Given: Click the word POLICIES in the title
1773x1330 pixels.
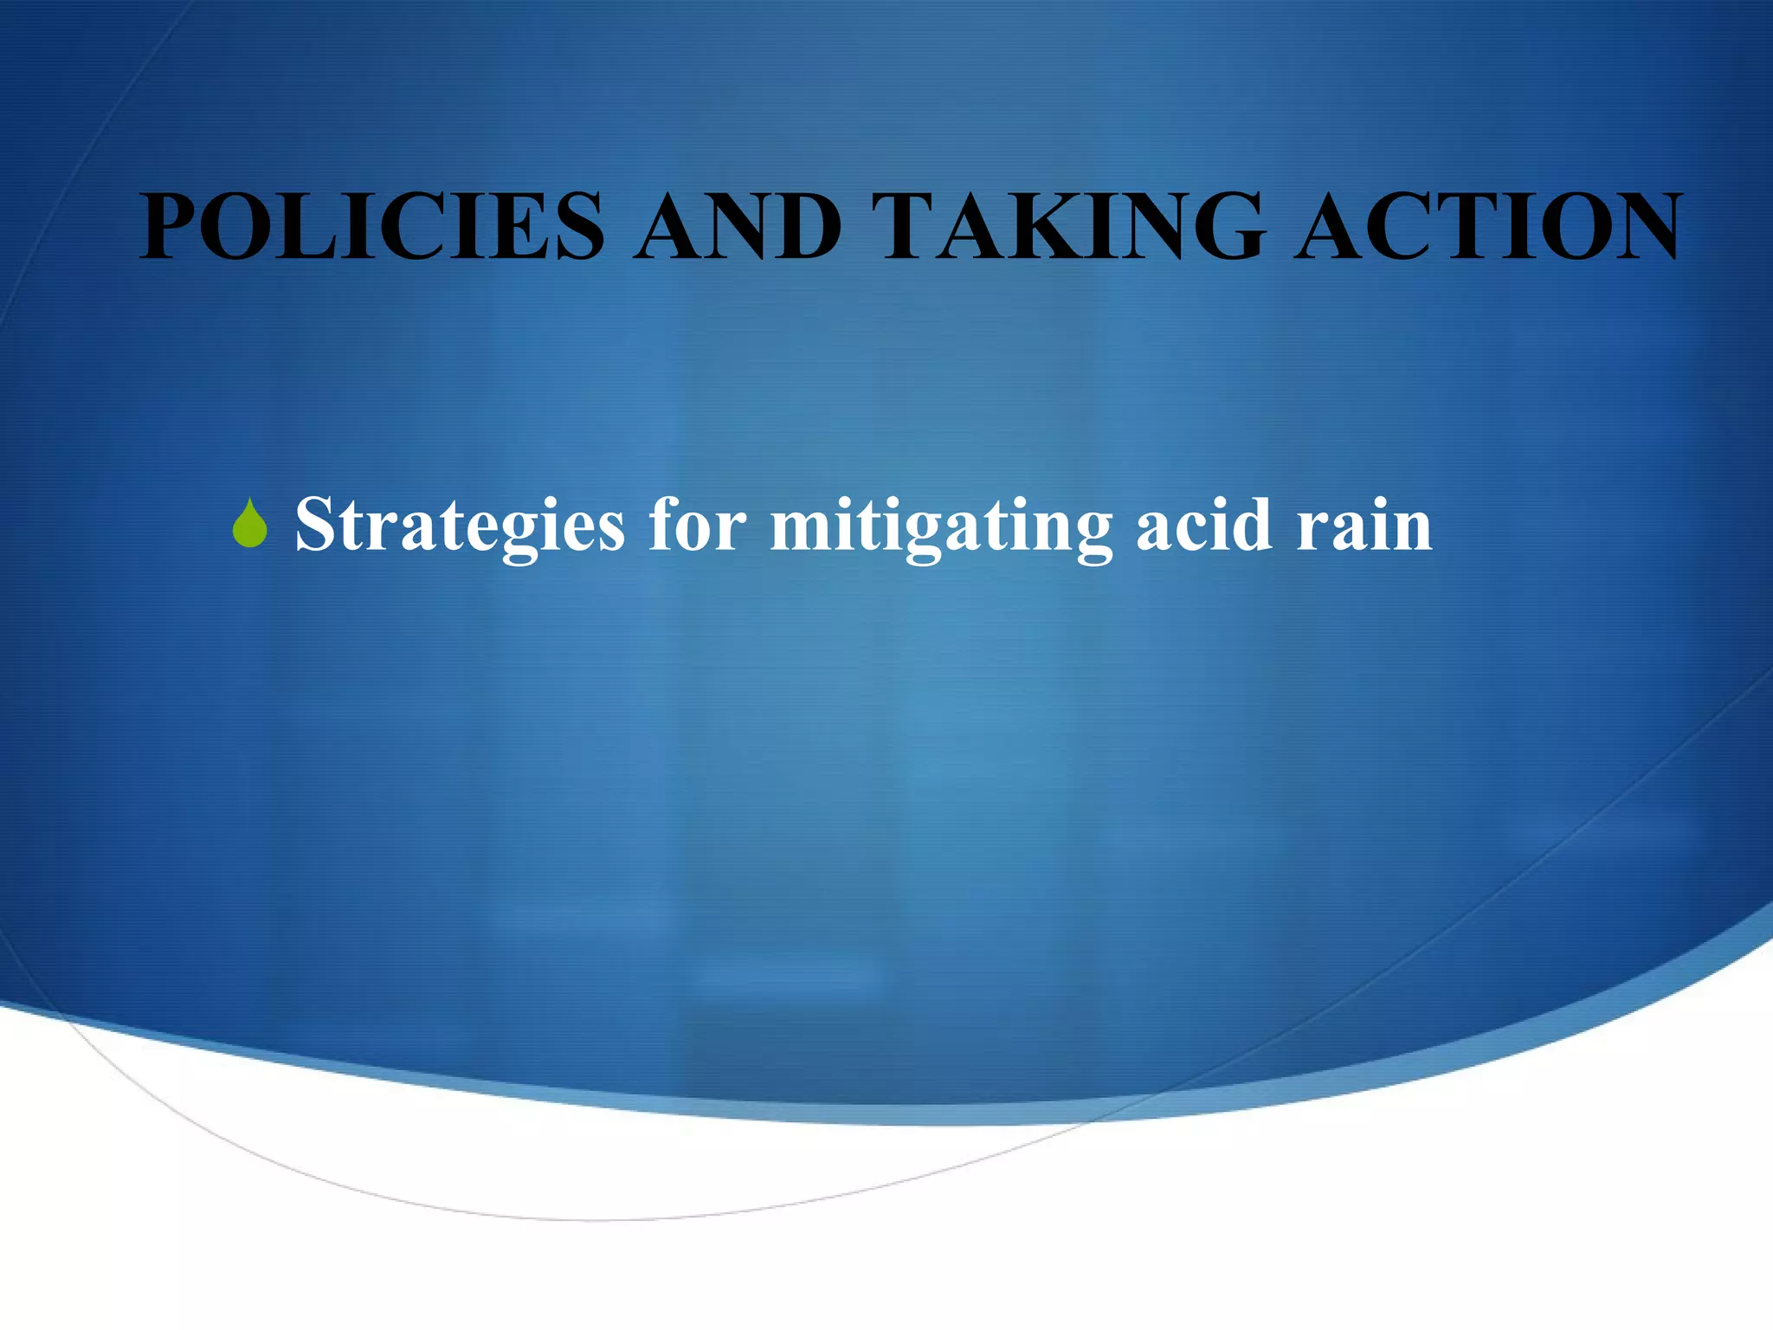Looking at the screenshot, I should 372,227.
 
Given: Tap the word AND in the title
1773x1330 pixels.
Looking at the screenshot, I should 737,227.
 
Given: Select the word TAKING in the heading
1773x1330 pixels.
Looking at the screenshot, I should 1068,227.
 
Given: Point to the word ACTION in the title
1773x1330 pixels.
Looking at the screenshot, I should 1488,227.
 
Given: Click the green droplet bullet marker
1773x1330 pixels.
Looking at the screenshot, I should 250,526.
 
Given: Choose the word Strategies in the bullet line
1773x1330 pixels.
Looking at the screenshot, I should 460,526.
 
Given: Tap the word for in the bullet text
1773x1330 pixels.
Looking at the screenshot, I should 698,526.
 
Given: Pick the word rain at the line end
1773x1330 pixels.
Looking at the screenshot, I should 1364,526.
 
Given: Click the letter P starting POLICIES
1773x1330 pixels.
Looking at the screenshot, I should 173,227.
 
